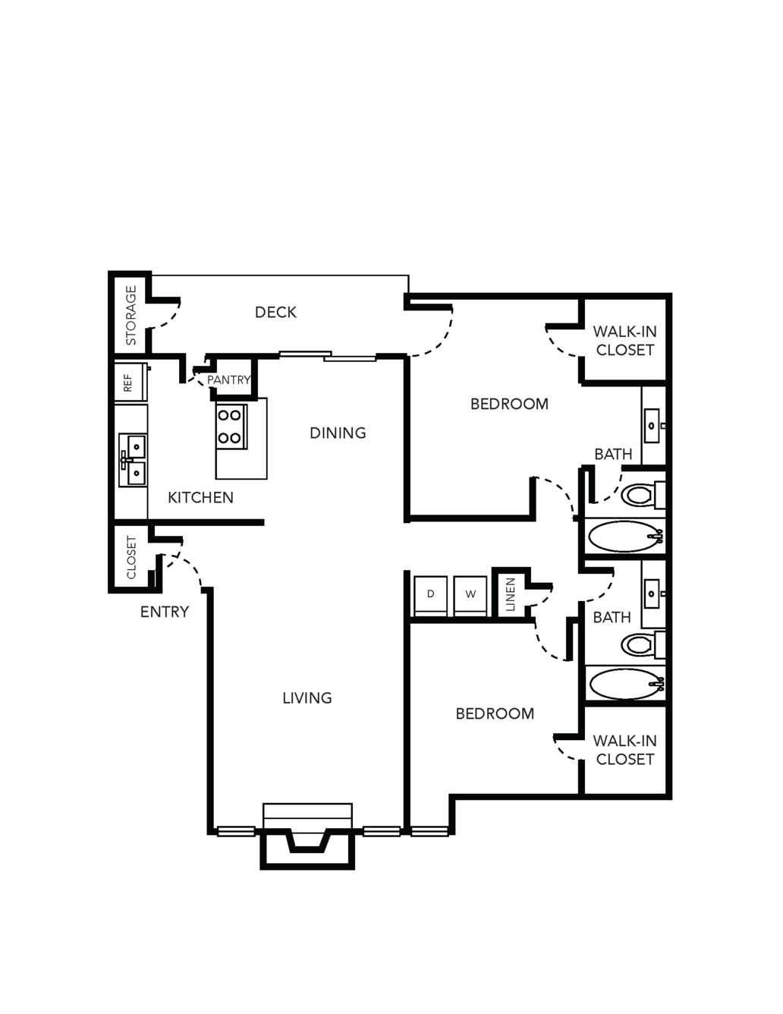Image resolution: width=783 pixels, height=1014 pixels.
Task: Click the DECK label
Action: pos(275,312)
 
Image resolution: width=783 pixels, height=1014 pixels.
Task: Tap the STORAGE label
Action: pos(131,316)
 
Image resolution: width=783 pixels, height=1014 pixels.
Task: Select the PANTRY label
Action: pos(229,379)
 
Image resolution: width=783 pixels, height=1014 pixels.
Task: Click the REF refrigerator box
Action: pos(131,383)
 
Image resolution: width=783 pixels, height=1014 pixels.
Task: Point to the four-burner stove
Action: pos(231,427)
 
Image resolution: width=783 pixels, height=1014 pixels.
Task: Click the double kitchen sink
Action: pos(133,460)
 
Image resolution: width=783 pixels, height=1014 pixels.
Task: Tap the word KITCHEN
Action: pos(200,498)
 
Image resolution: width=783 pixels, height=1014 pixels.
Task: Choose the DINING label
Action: pos(338,433)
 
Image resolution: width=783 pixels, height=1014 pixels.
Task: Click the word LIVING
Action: pos(307,698)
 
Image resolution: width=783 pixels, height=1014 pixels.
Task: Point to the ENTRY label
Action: pos(165,612)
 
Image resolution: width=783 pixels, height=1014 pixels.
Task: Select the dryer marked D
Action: pos(430,597)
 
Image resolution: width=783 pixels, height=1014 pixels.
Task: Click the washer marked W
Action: pos(470,597)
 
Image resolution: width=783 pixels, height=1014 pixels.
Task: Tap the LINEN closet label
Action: pos(510,594)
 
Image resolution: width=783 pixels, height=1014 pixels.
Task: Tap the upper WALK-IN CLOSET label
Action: pos(625,341)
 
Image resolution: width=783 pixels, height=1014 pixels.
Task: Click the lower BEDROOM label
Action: pos(495,713)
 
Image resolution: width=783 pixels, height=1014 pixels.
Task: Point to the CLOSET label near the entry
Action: pos(131,557)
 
